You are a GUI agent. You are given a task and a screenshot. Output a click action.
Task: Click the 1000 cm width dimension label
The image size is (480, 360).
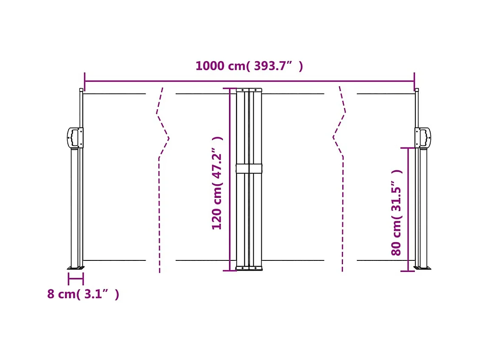click(249, 66)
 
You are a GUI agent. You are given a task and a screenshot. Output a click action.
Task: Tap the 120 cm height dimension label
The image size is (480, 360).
click(217, 183)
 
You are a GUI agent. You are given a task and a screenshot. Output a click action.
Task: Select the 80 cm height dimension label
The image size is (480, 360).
click(397, 212)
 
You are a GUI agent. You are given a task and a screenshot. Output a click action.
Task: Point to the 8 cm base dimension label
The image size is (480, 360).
click(83, 294)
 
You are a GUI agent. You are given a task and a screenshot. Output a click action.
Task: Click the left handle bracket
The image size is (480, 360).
click(75, 138)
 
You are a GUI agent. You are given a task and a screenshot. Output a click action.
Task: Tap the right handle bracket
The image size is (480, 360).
click(423, 137)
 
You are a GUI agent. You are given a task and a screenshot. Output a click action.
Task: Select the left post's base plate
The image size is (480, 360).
click(76, 268)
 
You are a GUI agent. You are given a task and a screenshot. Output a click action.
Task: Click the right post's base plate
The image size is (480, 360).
click(423, 268)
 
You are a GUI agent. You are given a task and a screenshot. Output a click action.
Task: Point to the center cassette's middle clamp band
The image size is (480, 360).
click(249, 169)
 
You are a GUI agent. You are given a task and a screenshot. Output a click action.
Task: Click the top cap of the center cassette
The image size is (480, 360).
click(249, 90)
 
